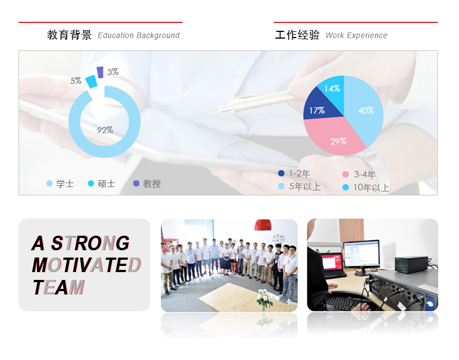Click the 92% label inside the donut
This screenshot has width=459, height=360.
(105, 130)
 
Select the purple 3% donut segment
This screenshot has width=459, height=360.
(100, 72)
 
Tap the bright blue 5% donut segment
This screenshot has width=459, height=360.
(91, 81)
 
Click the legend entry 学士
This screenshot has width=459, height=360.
(60, 184)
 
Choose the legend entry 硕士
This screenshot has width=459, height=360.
(101, 184)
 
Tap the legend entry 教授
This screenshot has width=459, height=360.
(147, 184)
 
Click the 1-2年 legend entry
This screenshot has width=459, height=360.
(294, 174)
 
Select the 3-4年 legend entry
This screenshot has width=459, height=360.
(359, 175)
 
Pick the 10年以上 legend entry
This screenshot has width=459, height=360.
(366, 188)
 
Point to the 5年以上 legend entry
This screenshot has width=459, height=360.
(299, 186)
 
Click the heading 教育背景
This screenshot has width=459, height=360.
(69, 35)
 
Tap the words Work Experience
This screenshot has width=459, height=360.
(356, 35)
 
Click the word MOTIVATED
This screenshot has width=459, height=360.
(86, 265)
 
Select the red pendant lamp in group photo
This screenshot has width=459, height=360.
(263, 225)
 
